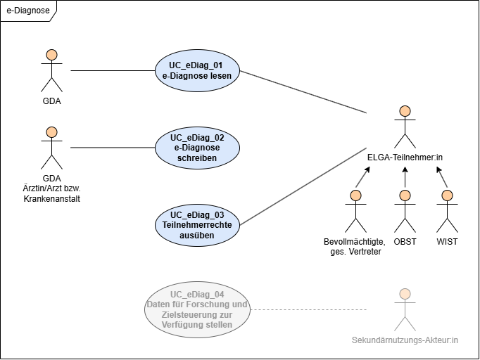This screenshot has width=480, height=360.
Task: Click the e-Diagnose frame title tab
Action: [28, 11]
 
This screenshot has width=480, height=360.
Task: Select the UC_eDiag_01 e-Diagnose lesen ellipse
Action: [197, 70]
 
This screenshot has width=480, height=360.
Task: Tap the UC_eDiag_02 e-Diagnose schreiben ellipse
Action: [197, 148]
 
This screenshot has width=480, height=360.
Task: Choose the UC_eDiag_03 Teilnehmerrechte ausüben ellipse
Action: [197, 225]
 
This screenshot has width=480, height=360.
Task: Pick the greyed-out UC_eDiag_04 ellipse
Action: [197, 309]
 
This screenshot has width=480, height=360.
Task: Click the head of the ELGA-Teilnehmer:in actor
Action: [405, 111]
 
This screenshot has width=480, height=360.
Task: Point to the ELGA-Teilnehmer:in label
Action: [405, 157]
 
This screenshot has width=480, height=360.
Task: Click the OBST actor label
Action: [405, 242]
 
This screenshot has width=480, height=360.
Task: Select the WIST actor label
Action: [447, 242]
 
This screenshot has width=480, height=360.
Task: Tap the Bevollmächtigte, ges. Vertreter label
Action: [355, 247]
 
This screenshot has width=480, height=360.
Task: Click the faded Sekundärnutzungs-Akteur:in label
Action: [405, 340]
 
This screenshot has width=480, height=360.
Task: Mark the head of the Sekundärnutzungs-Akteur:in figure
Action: [405, 294]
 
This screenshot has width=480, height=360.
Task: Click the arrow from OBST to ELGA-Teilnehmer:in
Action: [405, 177]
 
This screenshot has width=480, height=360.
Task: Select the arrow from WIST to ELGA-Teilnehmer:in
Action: [442, 176]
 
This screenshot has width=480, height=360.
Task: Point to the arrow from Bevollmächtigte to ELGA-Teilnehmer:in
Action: [363, 176]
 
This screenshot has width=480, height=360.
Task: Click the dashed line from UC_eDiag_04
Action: [308, 309]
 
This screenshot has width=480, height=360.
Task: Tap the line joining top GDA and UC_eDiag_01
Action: [113, 70]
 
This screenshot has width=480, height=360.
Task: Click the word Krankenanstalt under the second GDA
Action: [52, 199]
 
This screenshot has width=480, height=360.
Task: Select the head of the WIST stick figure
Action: [447, 195]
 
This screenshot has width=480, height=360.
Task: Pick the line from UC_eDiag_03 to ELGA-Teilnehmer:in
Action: [303, 186]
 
